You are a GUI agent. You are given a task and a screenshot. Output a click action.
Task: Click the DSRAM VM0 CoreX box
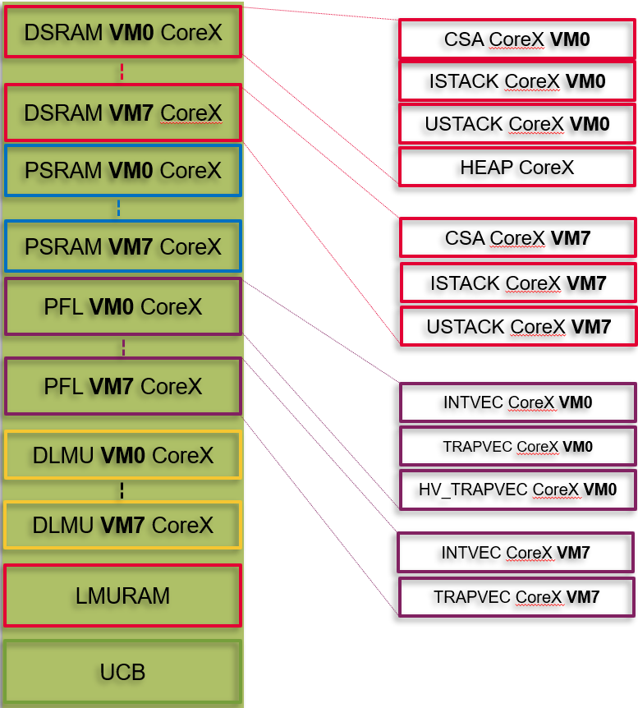(122, 32)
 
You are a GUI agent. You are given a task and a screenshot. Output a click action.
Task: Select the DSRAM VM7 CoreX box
(122, 113)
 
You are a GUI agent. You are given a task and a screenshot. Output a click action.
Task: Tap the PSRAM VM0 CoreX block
(122, 171)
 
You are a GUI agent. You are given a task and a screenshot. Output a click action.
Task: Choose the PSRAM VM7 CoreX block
(122, 246)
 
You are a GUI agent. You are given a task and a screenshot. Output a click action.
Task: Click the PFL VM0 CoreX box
(122, 307)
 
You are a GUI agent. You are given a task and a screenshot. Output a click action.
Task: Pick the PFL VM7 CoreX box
(122, 386)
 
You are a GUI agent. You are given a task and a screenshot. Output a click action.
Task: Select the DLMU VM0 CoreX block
(122, 455)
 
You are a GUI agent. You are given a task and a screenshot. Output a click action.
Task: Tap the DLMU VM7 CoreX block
(122, 525)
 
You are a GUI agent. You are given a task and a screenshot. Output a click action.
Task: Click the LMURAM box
(122, 595)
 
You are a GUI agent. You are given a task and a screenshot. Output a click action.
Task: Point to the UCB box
(122, 672)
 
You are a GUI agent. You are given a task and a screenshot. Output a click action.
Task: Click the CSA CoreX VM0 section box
(516, 39)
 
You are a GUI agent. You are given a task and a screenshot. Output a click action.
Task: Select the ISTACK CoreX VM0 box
(516, 81)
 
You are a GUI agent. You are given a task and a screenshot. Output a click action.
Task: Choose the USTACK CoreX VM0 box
(516, 124)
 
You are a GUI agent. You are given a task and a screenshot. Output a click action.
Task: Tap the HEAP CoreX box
(516, 168)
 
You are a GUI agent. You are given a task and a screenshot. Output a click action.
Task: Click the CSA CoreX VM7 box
(517, 238)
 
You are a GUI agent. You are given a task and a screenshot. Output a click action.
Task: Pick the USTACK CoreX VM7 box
(518, 326)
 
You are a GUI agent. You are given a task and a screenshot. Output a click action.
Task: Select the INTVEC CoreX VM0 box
(517, 402)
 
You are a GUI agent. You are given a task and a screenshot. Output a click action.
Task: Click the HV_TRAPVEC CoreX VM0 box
(517, 490)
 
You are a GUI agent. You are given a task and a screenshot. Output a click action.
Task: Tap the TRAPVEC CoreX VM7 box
(516, 597)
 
